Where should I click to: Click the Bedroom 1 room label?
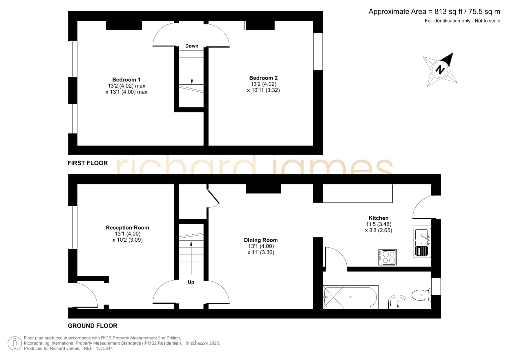126,79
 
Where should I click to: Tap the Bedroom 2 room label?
263,78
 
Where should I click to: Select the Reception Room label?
127,228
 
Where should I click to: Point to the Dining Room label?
261,240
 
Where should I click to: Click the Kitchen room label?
378,218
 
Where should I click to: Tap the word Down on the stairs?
192,46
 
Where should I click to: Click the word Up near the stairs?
191,282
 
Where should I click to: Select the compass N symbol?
440,70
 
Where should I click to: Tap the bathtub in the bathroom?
351,297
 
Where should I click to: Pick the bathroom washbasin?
398,302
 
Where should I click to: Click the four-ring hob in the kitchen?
387,257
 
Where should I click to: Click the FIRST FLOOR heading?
88,163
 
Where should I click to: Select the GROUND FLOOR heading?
93,326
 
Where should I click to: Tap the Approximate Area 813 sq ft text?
434,12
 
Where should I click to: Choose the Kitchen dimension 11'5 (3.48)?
379,224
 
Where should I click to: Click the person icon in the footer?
15,343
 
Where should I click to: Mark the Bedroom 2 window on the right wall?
318,51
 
